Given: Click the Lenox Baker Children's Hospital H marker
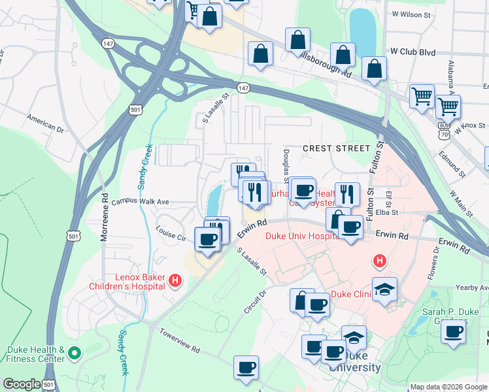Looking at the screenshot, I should [x=175, y=281].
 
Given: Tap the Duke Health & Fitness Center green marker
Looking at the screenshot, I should [x=75, y=354].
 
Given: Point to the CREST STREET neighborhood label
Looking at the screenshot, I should [x=336, y=148].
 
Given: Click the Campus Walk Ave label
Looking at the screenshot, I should [x=140, y=202].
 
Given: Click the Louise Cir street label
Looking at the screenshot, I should [x=171, y=234].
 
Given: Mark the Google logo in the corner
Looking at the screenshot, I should [x=22, y=384].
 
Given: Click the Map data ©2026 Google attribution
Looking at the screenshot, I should [x=448, y=387].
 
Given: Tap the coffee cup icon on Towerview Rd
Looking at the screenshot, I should [x=246, y=367].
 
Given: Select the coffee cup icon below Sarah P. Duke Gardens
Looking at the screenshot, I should [x=452, y=331].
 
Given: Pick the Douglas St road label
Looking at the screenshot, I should [x=286, y=166].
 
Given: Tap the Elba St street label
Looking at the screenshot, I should [x=397, y=212].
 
